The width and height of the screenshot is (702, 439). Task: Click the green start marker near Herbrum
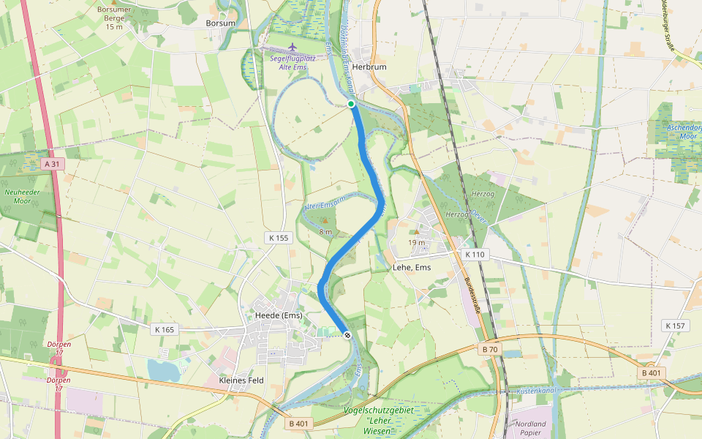pyautogui.click(x=351, y=105)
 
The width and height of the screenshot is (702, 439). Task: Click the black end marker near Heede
pyautogui.click(x=347, y=335)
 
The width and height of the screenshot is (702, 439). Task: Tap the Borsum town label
pyautogui.click(x=221, y=23)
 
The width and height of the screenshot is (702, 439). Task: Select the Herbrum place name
pyautogui.click(x=369, y=66)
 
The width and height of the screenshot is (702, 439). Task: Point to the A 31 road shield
pyautogui.click(x=51, y=164)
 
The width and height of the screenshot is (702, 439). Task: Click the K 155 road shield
pyautogui.click(x=279, y=237)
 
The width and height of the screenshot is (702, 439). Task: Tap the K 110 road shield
pyautogui.click(x=475, y=254)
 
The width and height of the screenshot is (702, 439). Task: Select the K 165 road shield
pyautogui.click(x=165, y=329)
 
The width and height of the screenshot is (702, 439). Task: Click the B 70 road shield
pyautogui.click(x=490, y=350)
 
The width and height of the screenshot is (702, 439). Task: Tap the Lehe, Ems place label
pyautogui.click(x=412, y=268)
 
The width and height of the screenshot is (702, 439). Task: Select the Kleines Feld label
pyautogui.click(x=241, y=380)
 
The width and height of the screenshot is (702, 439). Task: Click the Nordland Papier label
pyautogui.click(x=530, y=427)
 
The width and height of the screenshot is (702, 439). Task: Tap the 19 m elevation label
pyautogui.click(x=417, y=243)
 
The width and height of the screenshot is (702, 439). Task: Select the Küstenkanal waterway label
pyautogui.click(x=537, y=392)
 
